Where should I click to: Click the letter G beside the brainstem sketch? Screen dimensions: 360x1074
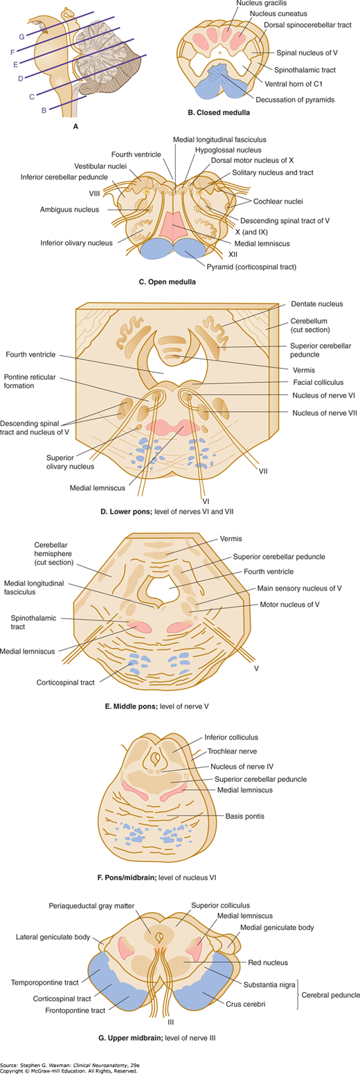(x=21, y=37)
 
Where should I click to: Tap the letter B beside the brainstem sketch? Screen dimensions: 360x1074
(x=44, y=110)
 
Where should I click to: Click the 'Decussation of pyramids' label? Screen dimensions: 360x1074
(x=295, y=100)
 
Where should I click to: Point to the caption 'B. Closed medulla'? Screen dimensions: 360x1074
(x=219, y=113)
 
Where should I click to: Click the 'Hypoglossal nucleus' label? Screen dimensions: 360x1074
(x=228, y=150)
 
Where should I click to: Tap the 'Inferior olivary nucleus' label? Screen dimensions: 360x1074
(x=77, y=243)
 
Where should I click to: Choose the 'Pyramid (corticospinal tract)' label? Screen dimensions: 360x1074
(x=252, y=267)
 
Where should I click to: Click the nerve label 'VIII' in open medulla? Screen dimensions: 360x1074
(x=94, y=194)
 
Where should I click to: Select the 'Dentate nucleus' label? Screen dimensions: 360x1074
(x=317, y=304)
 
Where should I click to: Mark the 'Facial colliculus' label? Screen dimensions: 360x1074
(x=318, y=382)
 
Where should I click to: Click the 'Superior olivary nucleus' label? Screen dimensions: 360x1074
(x=70, y=462)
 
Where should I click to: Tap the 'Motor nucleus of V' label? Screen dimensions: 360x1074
(x=289, y=605)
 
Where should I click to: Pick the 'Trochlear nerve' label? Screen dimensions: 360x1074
(x=232, y=751)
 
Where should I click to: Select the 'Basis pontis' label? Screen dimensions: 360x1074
(x=244, y=816)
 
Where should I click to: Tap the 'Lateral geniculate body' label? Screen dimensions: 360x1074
(x=53, y=937)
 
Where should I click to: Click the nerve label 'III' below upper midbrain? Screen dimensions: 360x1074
(x=170, y=1022)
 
